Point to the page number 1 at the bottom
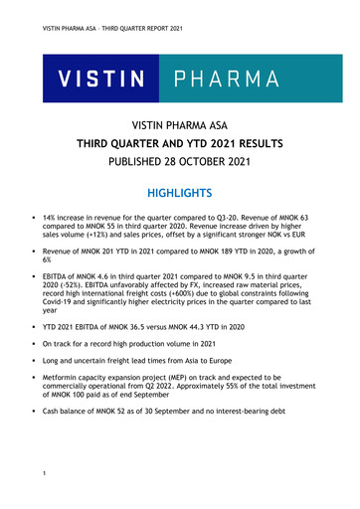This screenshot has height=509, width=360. coord(33,484)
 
